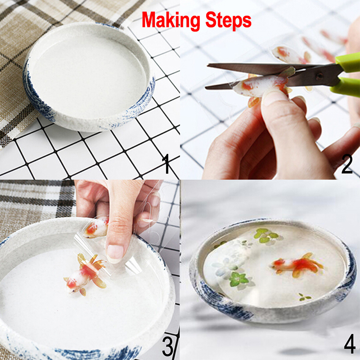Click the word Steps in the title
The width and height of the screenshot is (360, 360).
point(228,20)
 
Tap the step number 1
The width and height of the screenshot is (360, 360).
point(166,164)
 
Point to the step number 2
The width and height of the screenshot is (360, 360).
point(346,164)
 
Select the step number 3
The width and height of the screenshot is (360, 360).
point(167,346)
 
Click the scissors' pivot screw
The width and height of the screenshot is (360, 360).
point(319,76)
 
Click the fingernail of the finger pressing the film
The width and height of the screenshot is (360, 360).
point(116,254)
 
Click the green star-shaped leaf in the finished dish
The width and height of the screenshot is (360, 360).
point(239,279)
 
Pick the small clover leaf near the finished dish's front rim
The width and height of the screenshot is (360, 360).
point(305,297)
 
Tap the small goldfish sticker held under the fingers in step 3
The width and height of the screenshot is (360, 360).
point(96,228)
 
